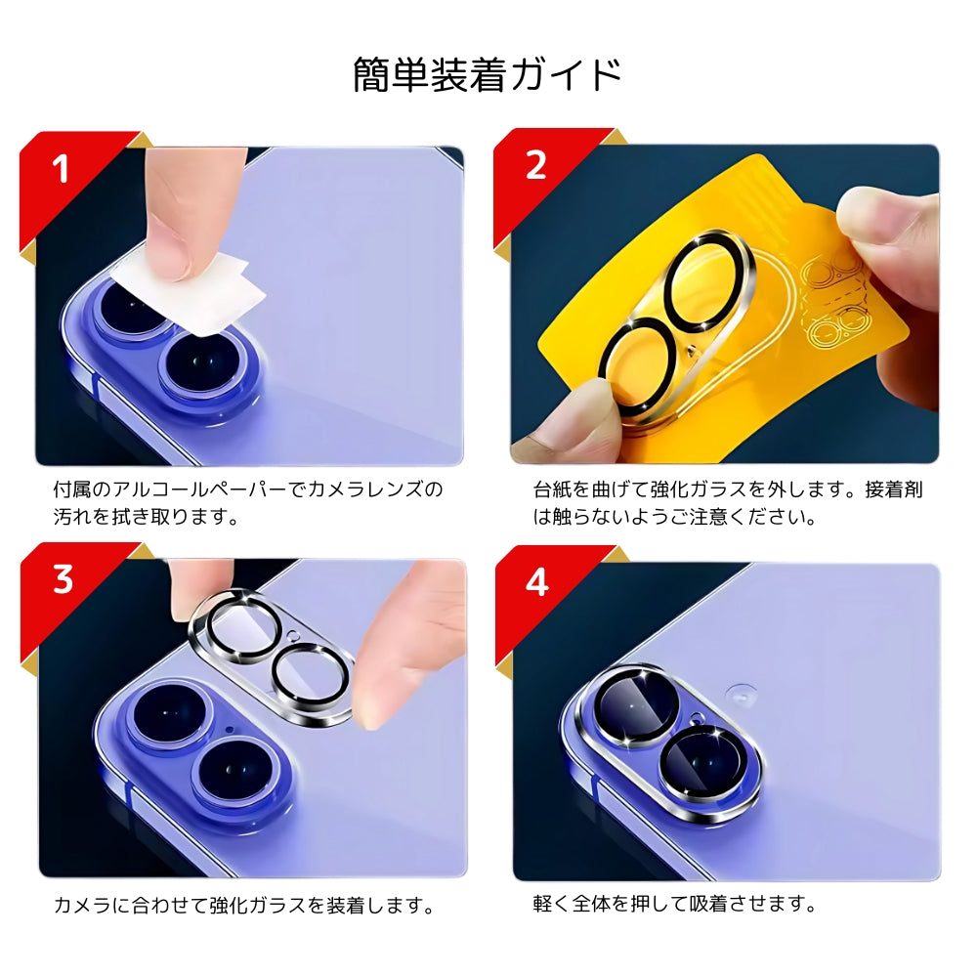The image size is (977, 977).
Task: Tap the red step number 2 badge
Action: [535, 165]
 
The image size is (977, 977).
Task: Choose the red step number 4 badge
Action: [536, 583]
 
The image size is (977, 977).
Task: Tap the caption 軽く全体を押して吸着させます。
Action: [675, 904]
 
